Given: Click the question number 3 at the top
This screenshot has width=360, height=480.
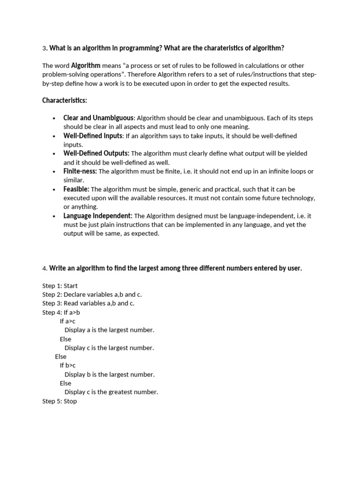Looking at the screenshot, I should coord(44,48).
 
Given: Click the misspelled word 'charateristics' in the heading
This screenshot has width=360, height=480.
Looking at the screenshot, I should coord(224,48).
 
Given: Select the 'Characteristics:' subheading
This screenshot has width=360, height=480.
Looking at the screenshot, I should coord(64,100).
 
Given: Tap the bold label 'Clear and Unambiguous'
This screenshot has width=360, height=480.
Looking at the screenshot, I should coord(98,118).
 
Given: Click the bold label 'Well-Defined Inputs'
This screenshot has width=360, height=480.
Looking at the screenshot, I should coord(92,135).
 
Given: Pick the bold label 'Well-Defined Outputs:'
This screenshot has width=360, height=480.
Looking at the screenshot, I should coord(96,153).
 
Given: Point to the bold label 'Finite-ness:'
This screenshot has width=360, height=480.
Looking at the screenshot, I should coord(80,171).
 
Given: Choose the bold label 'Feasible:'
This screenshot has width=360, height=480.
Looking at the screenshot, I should coord(76,189).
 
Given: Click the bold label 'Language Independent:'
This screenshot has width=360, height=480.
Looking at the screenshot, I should coord(98,216).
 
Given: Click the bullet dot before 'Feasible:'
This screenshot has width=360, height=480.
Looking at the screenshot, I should coord(54,189).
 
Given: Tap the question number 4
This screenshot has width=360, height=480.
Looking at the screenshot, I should coord(45,269).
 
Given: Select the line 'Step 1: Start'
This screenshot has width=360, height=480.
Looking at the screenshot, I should coord(60,285).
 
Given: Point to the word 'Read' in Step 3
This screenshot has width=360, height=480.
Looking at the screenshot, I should coord(71,303).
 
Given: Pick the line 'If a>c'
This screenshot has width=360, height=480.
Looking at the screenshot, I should coord(67,321).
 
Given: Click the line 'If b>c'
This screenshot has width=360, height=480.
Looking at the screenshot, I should coord(67,366).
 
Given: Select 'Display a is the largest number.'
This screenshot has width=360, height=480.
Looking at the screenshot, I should coord(109,330).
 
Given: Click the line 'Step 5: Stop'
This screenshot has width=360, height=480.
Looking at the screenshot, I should coord(60,401).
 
